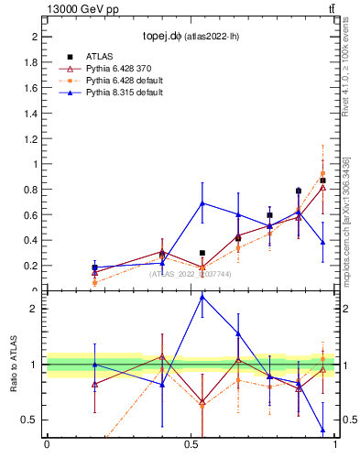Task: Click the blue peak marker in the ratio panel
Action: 202,297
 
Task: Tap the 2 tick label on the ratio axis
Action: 34,309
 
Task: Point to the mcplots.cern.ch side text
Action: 346,220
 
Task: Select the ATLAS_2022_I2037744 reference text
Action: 191,274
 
